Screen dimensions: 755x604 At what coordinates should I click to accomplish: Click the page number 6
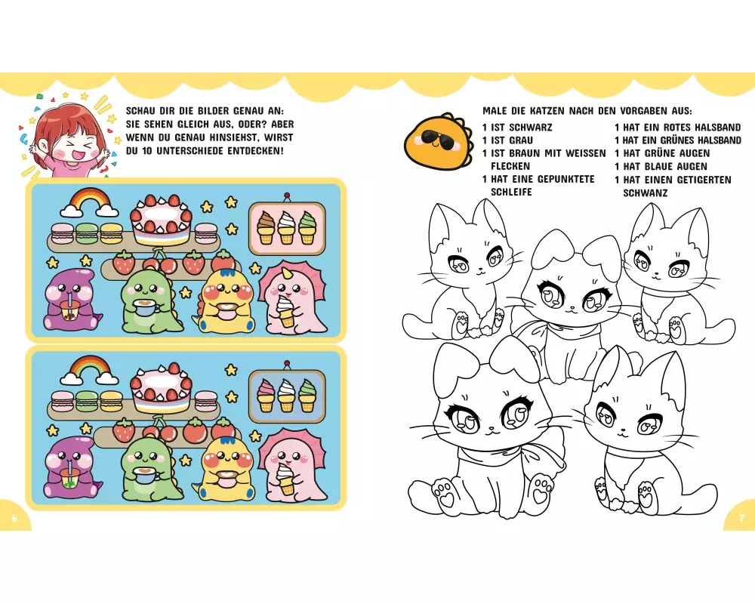[x=14, y=518]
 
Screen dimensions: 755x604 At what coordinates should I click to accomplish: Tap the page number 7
[x=741, y=518]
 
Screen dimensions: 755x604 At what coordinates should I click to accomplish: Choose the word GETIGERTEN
[x=704, y=180]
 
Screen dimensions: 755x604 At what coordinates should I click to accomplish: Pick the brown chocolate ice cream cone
[x=265, y=228]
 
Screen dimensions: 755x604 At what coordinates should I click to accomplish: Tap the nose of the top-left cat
[x=479, y=270]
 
